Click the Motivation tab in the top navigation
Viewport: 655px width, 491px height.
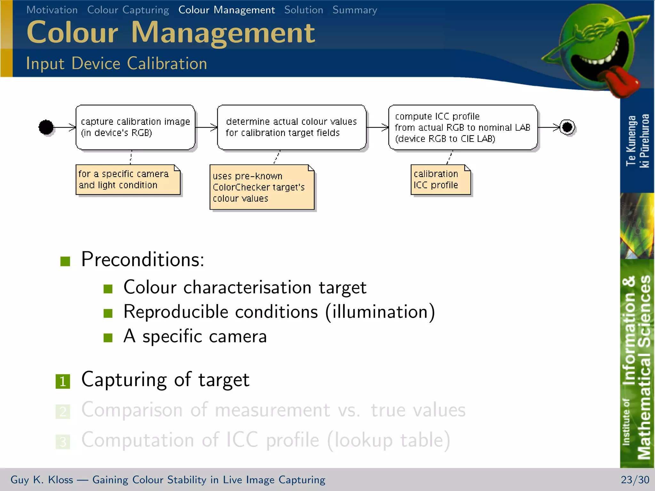click(x=52, y=10)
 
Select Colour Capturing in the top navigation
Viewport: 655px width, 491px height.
click(x=128, y=10)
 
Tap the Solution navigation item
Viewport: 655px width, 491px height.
click(x=304, y=10)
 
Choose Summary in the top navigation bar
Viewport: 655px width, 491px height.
click(x=355, y=10)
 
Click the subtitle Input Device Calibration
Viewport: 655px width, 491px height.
click(x=116, y=63)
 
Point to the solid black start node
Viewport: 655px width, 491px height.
click(x=46, y=127)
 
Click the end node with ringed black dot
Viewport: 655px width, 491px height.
click(x=567, y=127)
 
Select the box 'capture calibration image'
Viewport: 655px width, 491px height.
click(x=135, y=127)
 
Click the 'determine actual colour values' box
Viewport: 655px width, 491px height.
click(x=291, y=127)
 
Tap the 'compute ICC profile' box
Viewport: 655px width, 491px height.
click(x=462, y=127)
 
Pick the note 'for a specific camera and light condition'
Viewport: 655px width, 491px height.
click(x=128, y=179)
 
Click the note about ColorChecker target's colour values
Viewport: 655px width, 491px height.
click(x=262, y=187)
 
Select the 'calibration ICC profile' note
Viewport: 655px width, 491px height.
click(x=440, y=179)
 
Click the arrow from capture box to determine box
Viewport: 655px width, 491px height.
click(x=206, y=127)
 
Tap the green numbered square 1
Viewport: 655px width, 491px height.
click(x=63, y=381)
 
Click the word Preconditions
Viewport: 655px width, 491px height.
click(x=142, y=259)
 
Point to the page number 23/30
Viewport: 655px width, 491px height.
click(x=635, y=479)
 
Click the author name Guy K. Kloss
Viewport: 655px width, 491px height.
click(x=42, y=479)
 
